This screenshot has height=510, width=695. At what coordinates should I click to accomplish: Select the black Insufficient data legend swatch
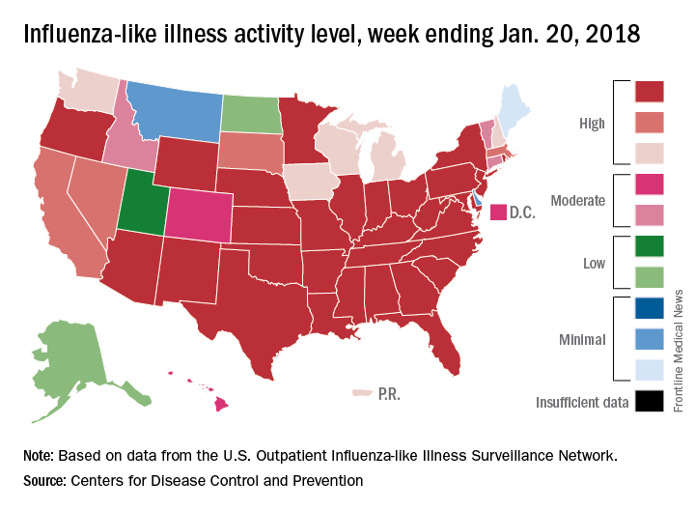(x=648, y=401)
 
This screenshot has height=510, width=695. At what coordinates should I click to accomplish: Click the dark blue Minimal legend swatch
(x=648, y=309)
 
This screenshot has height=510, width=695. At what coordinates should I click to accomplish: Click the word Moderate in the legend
(x=577, y=201)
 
